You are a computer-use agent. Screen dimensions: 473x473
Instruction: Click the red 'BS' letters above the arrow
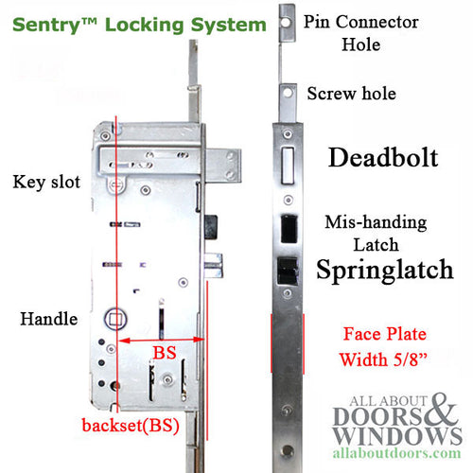pos(164,352)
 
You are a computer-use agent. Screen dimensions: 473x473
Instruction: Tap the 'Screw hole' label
pos(351,94)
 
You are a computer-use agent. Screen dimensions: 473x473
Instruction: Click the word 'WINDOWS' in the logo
pos(385,435)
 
